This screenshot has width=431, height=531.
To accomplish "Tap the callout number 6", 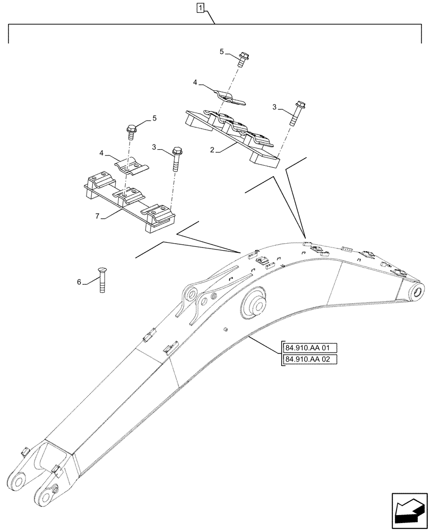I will [x=80, y=282].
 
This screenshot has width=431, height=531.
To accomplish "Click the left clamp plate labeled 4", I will [x=130, y=166].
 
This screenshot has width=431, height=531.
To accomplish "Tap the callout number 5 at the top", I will [x=222, y=52].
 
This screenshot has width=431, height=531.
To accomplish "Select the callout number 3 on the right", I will [x=274, y=108].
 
